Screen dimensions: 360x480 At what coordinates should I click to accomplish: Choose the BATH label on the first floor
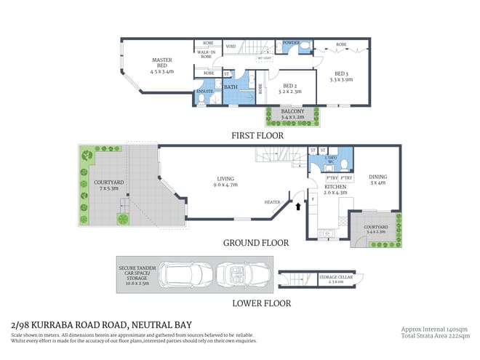click(231, 88)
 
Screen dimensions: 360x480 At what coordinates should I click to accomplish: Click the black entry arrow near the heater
click(297, 207)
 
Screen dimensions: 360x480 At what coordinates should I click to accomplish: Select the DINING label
click(377, 176)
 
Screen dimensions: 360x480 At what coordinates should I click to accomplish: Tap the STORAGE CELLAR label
click(336, 278)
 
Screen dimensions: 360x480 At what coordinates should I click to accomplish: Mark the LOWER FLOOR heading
click(262, 303)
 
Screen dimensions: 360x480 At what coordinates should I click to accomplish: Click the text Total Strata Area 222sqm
click(435, 336)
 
